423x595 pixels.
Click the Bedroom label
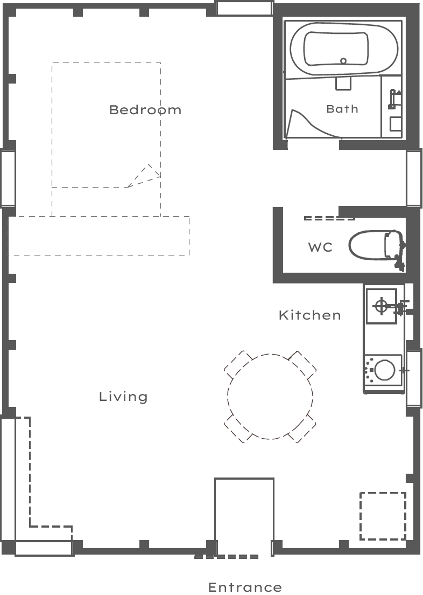(145, 110)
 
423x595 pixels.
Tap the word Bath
(342, 109)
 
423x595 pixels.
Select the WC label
(320, 247)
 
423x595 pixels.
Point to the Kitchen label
(309, 315)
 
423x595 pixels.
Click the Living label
(123, 397)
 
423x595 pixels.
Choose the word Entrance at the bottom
(245, 587)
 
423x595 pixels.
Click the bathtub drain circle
(343, 61)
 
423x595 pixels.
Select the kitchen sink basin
(382, 306)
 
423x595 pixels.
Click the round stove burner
(384, 370)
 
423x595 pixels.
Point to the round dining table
(270, 397)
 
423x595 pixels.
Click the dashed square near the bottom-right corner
(383, 516)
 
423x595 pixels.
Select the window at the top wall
(244, 8)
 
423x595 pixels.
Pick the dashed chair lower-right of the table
(302, 428)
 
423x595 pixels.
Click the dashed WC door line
(329, 218)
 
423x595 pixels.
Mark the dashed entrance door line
(227, 557)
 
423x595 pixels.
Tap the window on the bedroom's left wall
(8, 178)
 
